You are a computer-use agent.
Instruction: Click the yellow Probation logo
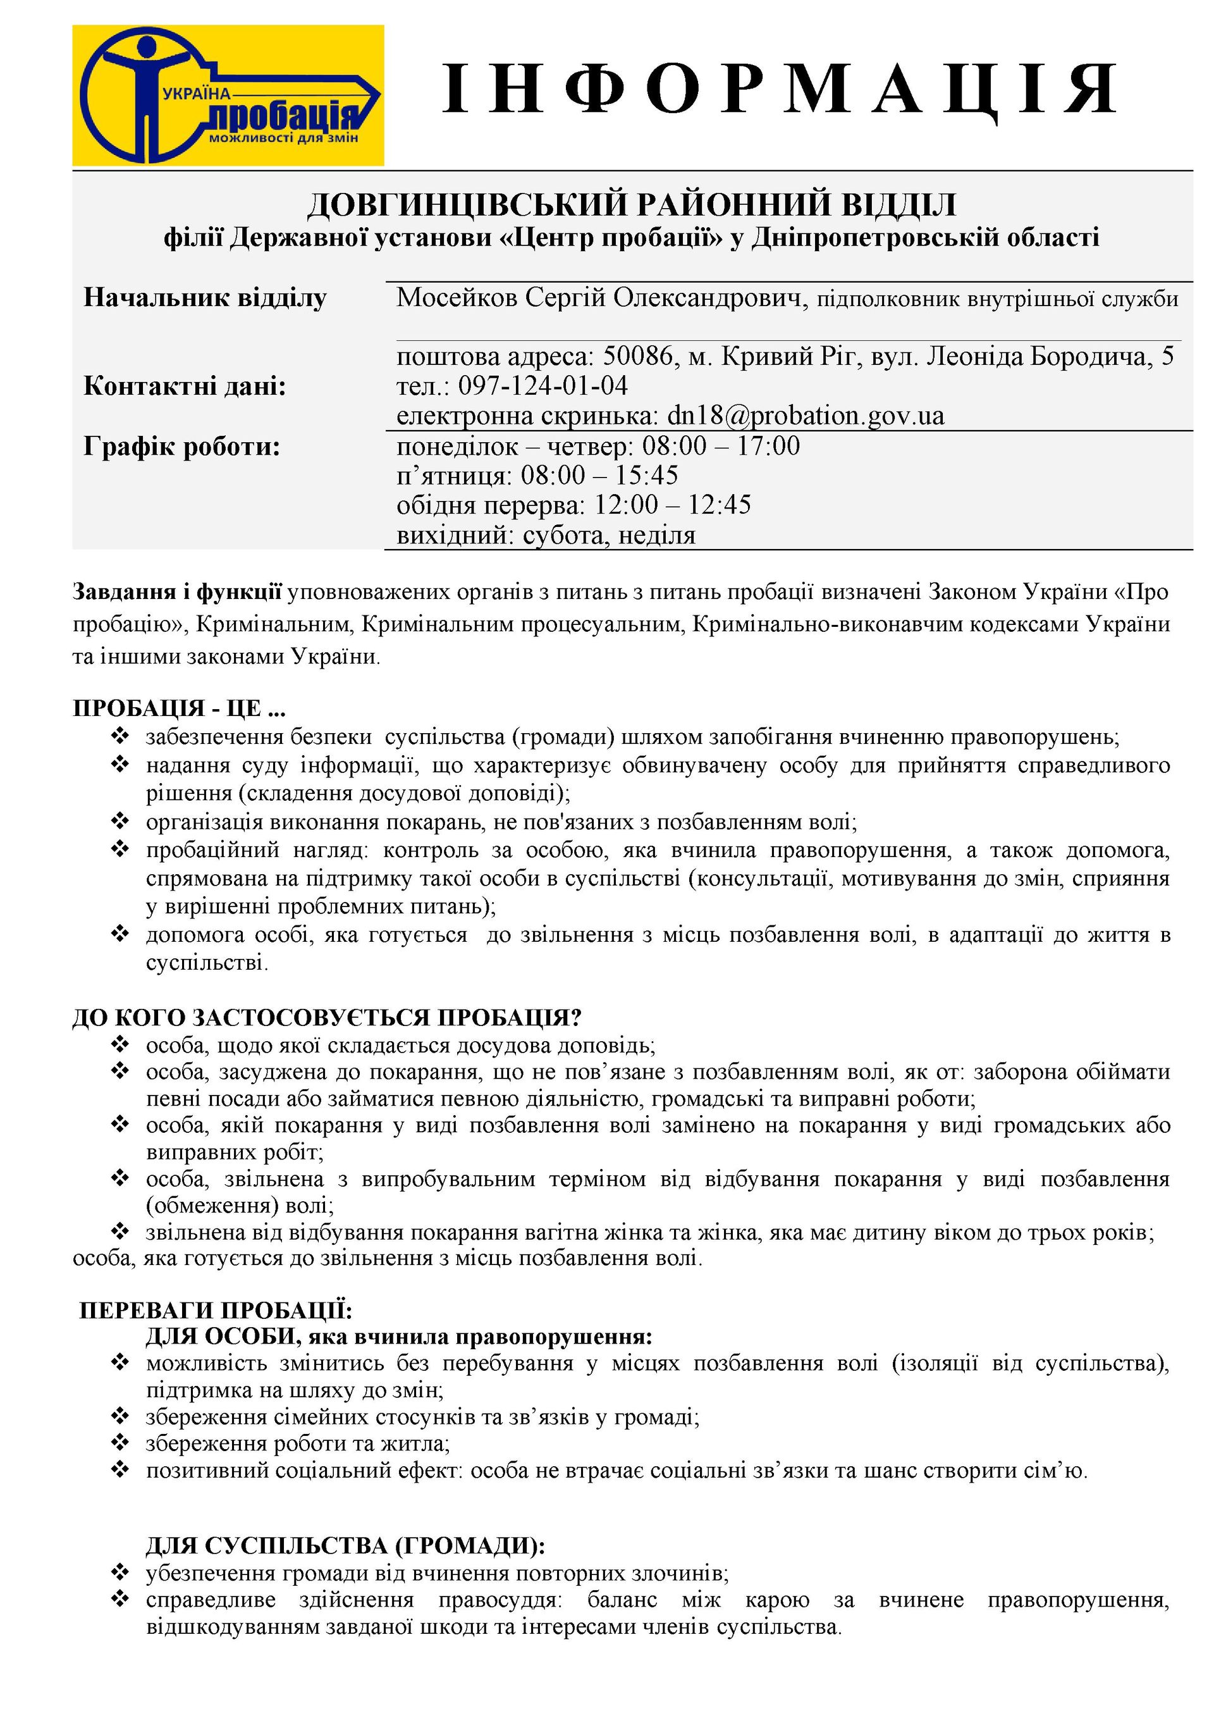pos(228,95)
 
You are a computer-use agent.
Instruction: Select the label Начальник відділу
pos(205,298)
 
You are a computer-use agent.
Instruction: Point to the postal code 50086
pos(638,355)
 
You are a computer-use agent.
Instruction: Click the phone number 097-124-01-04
pos(543,385)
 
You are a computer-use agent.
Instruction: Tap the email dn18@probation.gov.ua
pos(806,416)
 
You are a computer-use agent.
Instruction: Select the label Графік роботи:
pos(181,447)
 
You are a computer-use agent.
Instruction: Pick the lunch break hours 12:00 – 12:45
pos(673,505)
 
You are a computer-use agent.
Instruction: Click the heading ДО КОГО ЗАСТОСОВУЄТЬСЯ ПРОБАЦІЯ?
pos(327,1018)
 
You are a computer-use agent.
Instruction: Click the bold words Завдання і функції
pos(177,592)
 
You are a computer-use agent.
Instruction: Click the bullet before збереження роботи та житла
pos(120,1442)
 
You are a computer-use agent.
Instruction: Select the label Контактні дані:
pos(185,386)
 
